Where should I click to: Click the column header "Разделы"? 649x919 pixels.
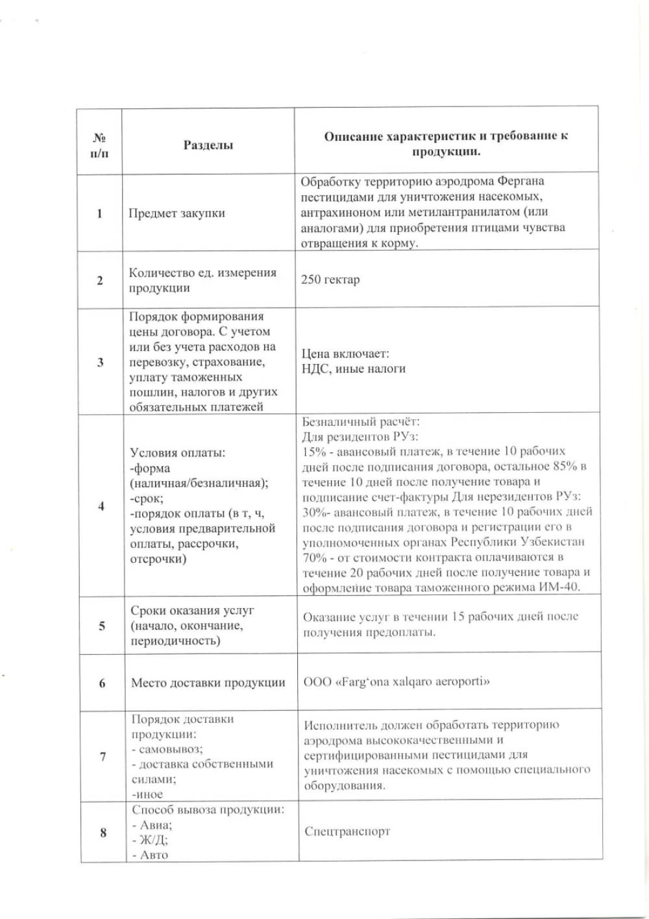(208, 145)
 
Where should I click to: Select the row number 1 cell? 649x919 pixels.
(99, 213)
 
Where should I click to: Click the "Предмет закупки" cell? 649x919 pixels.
(177, 213)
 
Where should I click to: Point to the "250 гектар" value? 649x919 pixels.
(330, 280)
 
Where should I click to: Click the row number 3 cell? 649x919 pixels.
(100, 362)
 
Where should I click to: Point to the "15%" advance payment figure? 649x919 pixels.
(313, 451)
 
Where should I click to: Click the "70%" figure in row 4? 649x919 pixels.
(314, 557)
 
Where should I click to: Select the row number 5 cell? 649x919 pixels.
(102, 626)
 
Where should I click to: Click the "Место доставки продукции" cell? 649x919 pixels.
(208, 683)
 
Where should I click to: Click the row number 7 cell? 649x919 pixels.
(103, 756)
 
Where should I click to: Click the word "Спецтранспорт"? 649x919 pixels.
(347, 831)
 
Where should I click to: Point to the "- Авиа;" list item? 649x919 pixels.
(153, 825)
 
